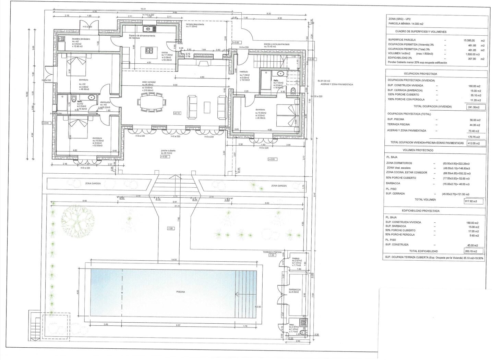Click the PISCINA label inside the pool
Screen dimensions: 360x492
pos(181,292)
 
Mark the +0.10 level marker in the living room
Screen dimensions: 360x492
pos(177,113)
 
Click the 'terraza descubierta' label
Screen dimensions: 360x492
pos(195,25)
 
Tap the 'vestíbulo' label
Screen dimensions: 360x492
pos(244,72)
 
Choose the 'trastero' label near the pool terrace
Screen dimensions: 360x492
pos(296,258)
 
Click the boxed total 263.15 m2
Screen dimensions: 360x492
pos(474,251)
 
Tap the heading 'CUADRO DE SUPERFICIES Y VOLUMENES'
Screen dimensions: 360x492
pos(421,32)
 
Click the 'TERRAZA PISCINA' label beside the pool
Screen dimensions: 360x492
pos(272,252)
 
